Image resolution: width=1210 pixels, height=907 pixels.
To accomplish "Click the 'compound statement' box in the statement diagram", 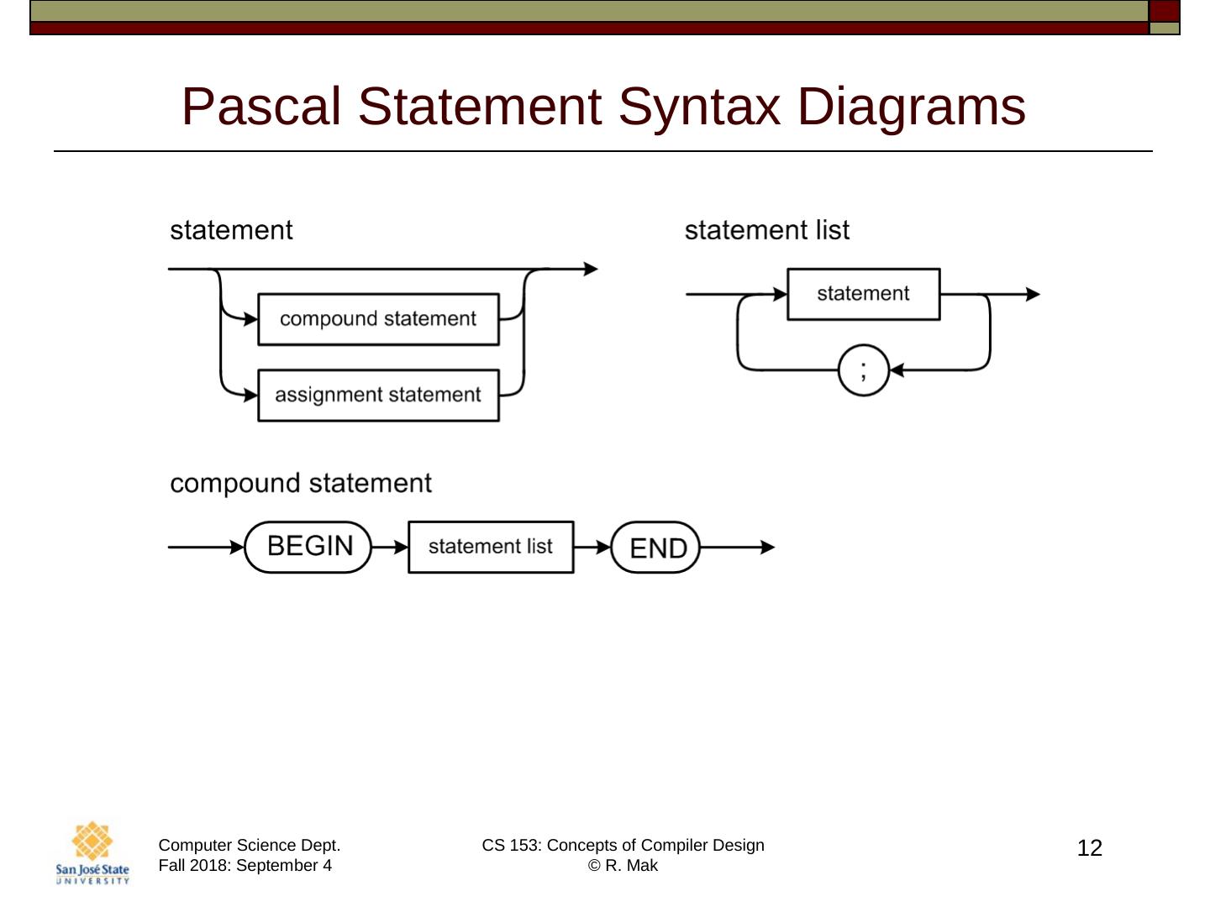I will pos(378,319).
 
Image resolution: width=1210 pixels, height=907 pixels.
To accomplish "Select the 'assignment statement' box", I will pos(378,395).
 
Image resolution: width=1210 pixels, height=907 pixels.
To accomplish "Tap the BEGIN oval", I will pos(308,547).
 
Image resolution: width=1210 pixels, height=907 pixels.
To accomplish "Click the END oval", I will pos(655,548).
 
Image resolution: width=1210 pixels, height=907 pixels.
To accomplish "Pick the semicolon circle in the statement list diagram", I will pos(863,370).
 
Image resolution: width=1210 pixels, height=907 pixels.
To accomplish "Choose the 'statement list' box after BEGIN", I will pos(491,547).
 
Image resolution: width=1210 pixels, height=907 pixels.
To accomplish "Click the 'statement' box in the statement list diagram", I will pos(863,294).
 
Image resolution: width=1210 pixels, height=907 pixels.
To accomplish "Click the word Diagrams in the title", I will pos(911,107).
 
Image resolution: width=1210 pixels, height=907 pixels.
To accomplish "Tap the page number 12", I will pos(1089,848).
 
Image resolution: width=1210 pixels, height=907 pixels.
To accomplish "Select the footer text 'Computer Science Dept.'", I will pos(250,845).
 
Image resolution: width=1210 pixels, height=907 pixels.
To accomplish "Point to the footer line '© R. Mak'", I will pos(623,866).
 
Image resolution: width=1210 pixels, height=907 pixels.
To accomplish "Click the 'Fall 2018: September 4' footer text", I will pos(245,866).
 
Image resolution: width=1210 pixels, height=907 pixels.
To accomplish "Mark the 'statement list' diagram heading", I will pos(766,230).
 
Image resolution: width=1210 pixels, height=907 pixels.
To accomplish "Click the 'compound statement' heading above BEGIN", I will pos(301,483).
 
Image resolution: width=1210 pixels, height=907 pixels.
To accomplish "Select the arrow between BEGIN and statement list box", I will pos(390,548).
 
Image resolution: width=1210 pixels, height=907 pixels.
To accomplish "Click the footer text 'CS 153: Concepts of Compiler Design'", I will pos(623,845).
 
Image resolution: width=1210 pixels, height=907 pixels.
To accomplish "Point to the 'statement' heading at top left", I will pos(231,230).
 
